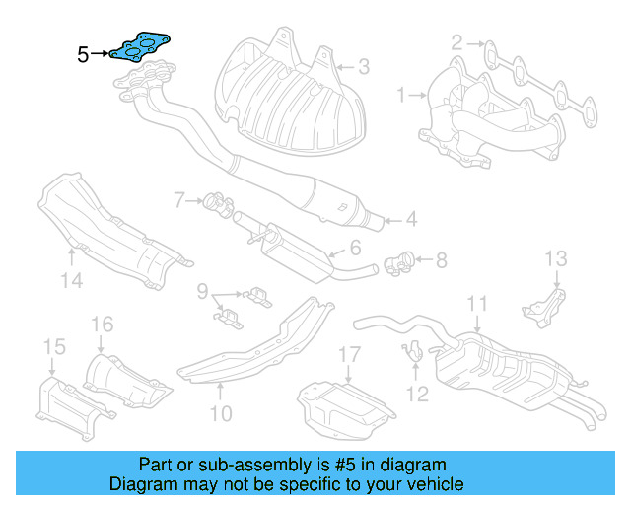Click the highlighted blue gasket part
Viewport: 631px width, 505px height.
pyautogui.click(x=141, y=47)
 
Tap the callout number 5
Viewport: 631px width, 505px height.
pyautogui.click(x=83, y=55)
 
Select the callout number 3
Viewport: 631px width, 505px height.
pyautogui.click(x=364, y=67)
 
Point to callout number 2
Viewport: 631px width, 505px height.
pyautogui.click(x=457, y=42)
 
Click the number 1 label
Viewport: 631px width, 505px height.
pyautogui.click(x=402, y=96)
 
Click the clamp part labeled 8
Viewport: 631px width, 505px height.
pyautogui.click(x=399, y=264)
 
